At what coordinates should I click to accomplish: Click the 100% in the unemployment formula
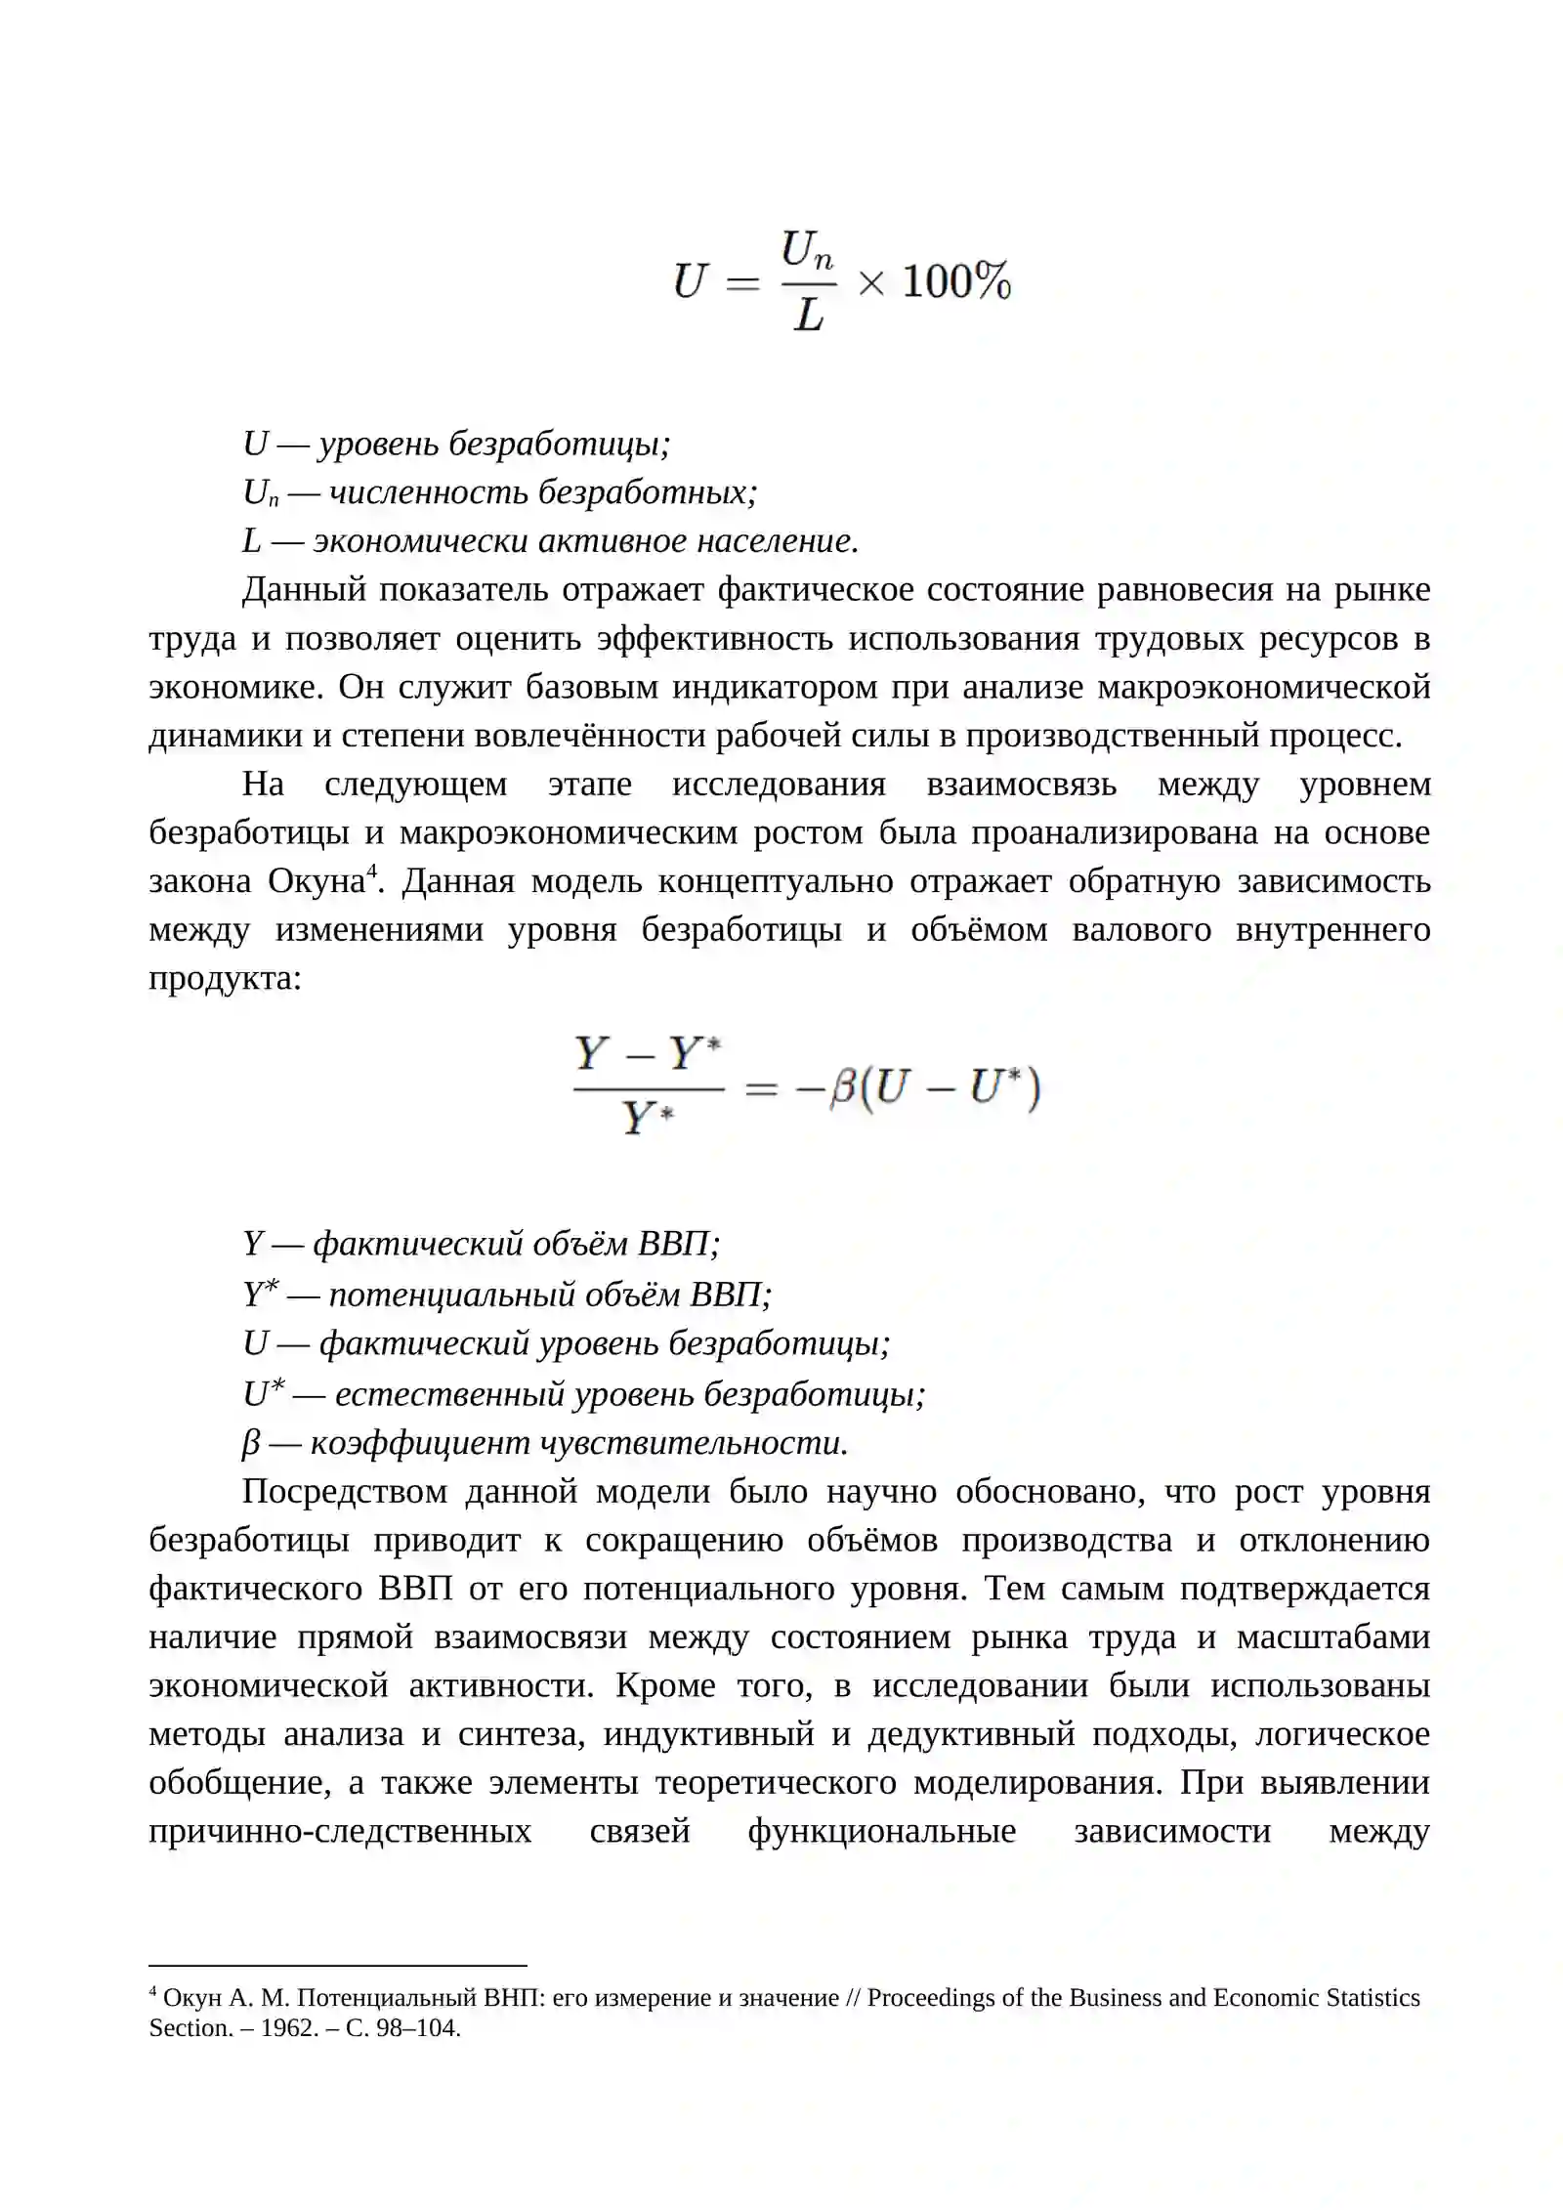[955, 282]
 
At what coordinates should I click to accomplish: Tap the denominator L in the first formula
[808, 316]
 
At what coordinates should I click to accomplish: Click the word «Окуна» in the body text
[316, 881]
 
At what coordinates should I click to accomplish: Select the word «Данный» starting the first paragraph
[303, 590]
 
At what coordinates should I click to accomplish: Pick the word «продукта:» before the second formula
[225, 978]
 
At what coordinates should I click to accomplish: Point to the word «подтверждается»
[1304, 1589]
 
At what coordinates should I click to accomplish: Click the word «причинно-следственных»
[340, 1831]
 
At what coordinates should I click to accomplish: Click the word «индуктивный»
[708, 1734]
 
